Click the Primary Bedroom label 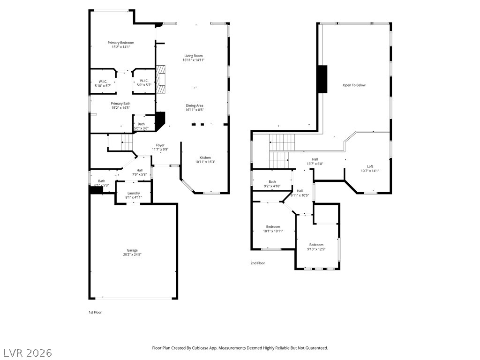pyautogui.click(x=120, y=43)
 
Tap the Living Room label pyautogui.click(x=194, y=56)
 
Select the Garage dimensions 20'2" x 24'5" pyautogui.click(x=132, y=255)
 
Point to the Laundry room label pyautogui.click(x=134, y=193)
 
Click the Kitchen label pyautogui.click(x=205, y=157)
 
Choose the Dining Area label pyautogui.click(x=195, y=105)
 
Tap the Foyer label pyautogui.click(x=160, y=145)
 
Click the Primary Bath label pyautogui.click(x=120, y=104)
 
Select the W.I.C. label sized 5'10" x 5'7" pyautogui.click(x=103, y=82)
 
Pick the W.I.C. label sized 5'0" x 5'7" pyautogui.click(x=144, y=81)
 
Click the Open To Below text pyautogui.click(x=354, y=85)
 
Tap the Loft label pyautogui.click(x=370, y=166)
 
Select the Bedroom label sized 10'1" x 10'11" pyautogui.click(x=273, y=227)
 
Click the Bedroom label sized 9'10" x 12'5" pyautogui.click(x=316, y=245)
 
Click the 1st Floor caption pyautogui.click(x=95, y=312)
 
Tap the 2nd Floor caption pyautogui.click(x=258, y=263)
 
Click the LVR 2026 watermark pyautogui.click(x=27, y=353)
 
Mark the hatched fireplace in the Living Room pyautogui.click(x=161, y=79)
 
